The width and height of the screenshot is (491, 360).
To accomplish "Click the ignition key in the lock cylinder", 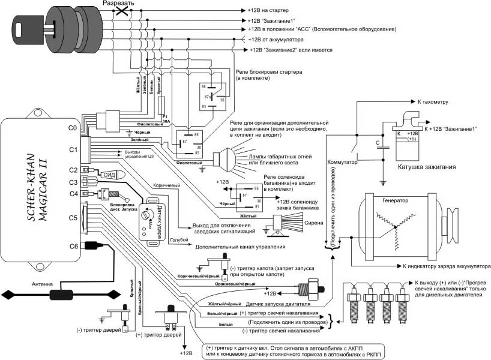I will (27, 25).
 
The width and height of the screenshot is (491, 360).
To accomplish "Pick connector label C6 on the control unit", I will (73, 246).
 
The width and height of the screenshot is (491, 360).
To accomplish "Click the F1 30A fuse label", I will (166, 118).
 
